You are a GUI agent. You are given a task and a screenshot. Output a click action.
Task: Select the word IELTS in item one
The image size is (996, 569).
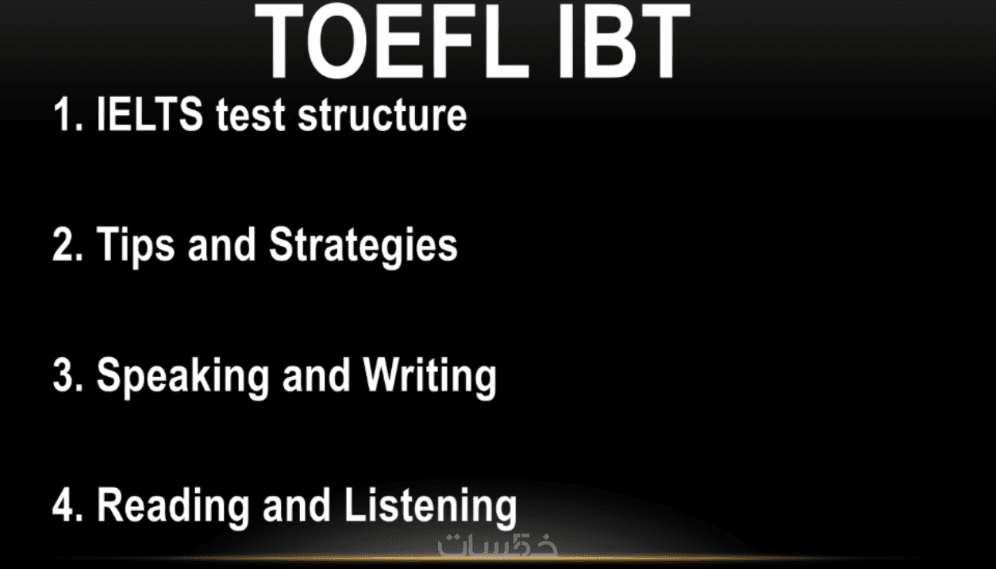click(x=149, y=114)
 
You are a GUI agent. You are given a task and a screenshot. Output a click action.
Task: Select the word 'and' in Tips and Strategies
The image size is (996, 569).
click(x=222, y=244)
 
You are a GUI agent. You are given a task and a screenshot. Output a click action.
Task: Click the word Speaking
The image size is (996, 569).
click(x=183, y=378)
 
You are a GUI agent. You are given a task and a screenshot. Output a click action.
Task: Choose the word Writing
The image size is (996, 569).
click(x=430, y=378)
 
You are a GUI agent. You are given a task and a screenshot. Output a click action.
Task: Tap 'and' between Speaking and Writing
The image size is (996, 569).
click(x=316, y=375)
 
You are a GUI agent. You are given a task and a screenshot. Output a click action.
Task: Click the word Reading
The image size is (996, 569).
click(x=173, y=508)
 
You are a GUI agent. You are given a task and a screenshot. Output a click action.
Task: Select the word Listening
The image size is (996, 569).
click(x=430, y=508)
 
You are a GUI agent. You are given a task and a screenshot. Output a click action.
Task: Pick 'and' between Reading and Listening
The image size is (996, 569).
click(x=297, y=505)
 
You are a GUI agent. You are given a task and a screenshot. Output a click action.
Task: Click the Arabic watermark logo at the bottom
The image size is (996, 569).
click(x=498, y=544)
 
